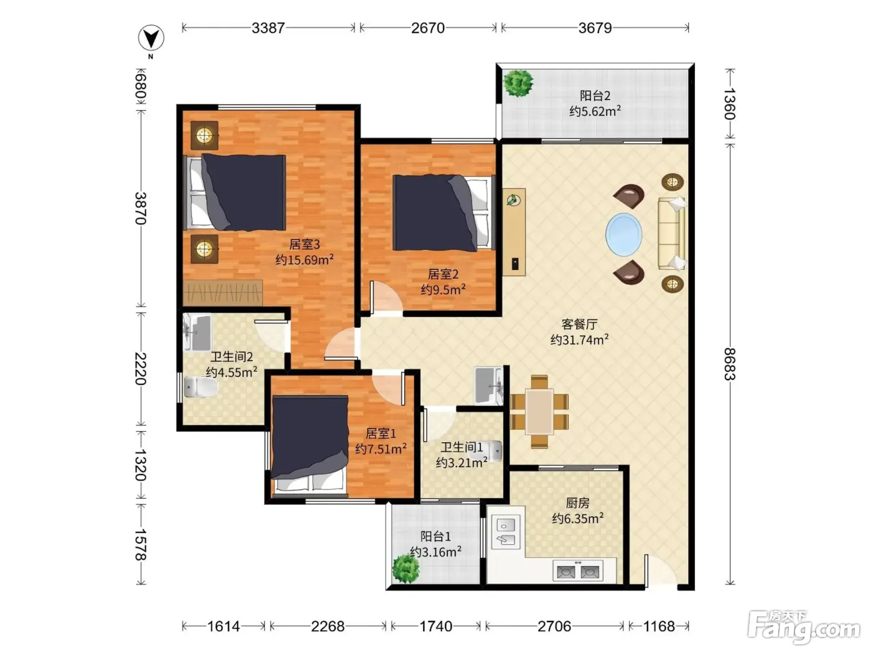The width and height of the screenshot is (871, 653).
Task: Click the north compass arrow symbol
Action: point(151,38)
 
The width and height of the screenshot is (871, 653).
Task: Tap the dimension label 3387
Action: point(268,28)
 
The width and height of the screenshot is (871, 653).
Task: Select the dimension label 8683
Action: point(730,364)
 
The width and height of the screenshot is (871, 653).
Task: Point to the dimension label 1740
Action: point(435,626)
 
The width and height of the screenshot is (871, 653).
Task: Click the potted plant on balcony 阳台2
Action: point(518,83)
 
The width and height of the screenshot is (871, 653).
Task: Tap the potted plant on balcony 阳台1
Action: point(406,568)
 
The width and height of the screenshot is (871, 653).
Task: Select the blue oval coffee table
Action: point(623,234)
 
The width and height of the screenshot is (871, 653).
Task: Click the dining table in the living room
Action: point(539,412)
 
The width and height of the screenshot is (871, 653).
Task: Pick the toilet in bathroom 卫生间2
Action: point(201,387)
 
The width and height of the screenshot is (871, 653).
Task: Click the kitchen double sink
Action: point(506,532)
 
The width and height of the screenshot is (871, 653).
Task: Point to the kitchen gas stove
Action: point(578,571)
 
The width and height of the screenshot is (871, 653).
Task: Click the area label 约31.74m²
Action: point(579,340)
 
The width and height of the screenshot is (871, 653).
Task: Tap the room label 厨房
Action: point(577,502)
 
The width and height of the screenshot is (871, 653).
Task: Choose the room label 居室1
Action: point(381,433)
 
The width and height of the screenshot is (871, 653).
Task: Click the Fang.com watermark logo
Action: point(804,627)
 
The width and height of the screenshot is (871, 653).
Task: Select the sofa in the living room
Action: point(672,234)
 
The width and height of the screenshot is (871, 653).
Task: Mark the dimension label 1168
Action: point(659,626)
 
